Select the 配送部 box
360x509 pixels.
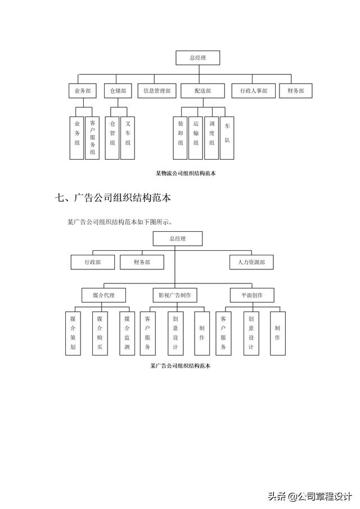[x=203, y=91]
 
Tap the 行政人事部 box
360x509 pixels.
[x=253, y=91]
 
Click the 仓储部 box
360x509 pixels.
[x=118, y=91]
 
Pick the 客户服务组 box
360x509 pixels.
[x=92, y=137]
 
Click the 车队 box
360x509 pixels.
[x=227, y=134]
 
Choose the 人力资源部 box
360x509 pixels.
[x=251, y=262]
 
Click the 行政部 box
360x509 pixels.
[x=93, y=262]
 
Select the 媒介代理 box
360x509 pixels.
[x=101, y=295]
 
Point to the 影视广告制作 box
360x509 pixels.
[x=174, y=295]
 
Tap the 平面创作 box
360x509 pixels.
[x=251, y=295]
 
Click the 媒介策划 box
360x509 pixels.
[x=73, y=332]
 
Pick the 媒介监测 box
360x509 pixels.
[x=127, y=332]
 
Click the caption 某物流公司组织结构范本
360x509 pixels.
[x=186, y=174]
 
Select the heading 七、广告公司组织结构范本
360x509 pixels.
[x=113, y=198]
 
